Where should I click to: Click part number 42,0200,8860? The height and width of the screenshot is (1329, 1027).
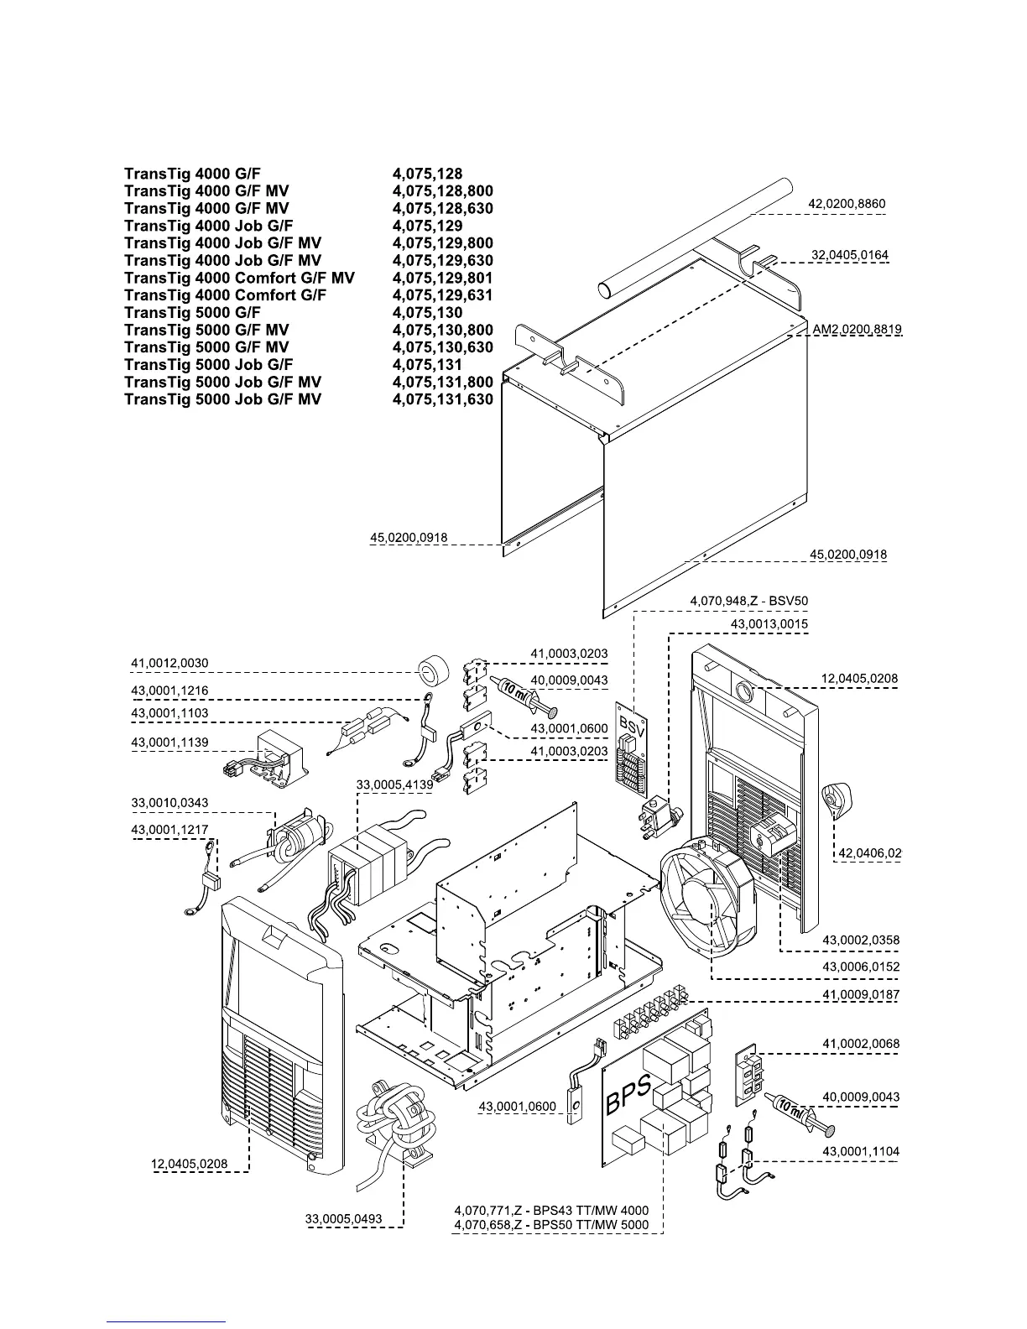846,204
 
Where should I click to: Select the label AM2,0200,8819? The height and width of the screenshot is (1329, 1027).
857,330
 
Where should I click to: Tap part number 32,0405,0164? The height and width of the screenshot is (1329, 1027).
849,255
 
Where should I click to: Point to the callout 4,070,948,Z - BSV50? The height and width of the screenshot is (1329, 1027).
748,601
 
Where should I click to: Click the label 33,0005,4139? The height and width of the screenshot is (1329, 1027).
394,784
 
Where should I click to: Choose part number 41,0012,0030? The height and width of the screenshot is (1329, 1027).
169,663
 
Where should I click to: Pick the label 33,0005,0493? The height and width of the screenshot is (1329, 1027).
344,1219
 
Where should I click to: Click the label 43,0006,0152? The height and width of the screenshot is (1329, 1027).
860,967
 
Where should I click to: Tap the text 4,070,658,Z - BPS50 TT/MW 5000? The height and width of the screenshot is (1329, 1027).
551,1225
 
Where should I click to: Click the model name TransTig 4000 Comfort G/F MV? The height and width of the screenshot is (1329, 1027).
239,278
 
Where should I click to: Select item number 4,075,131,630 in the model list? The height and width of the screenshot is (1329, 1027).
442,399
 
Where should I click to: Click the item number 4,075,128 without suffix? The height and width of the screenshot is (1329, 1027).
427,174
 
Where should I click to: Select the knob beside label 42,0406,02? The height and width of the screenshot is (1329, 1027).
835,800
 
